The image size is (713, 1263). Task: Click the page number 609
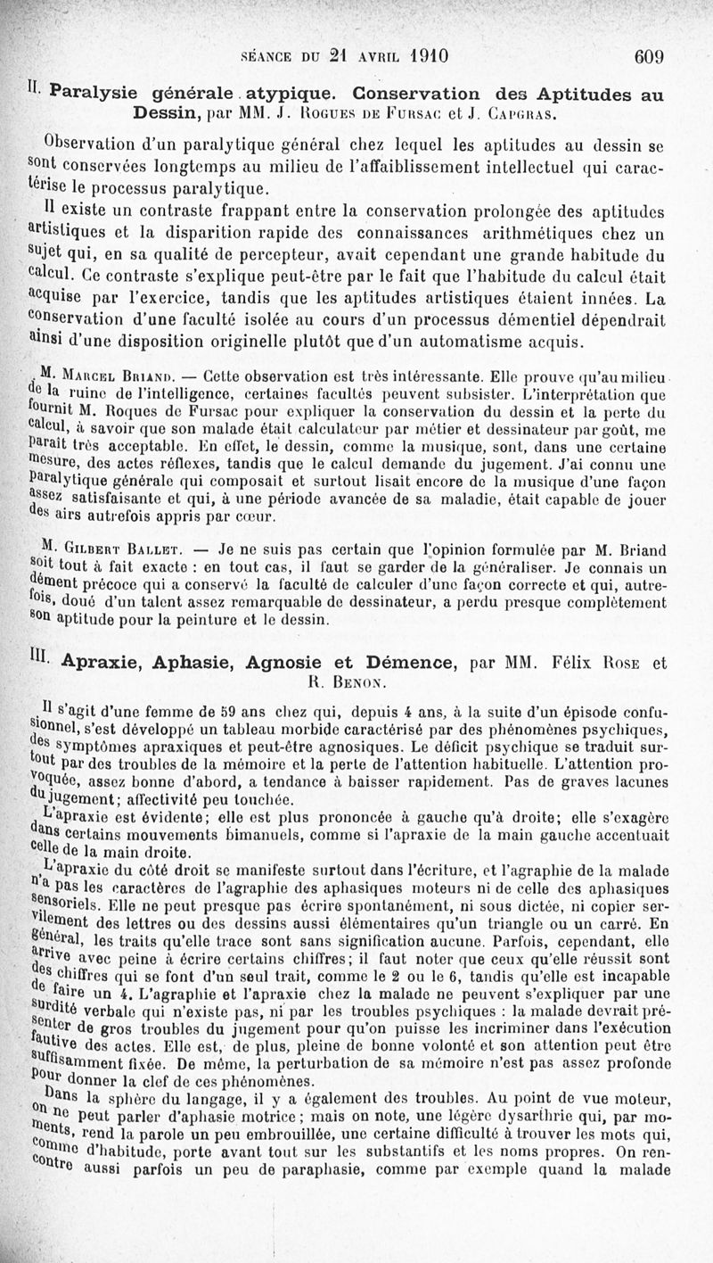649,57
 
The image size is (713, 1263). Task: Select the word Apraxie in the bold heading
104,664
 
